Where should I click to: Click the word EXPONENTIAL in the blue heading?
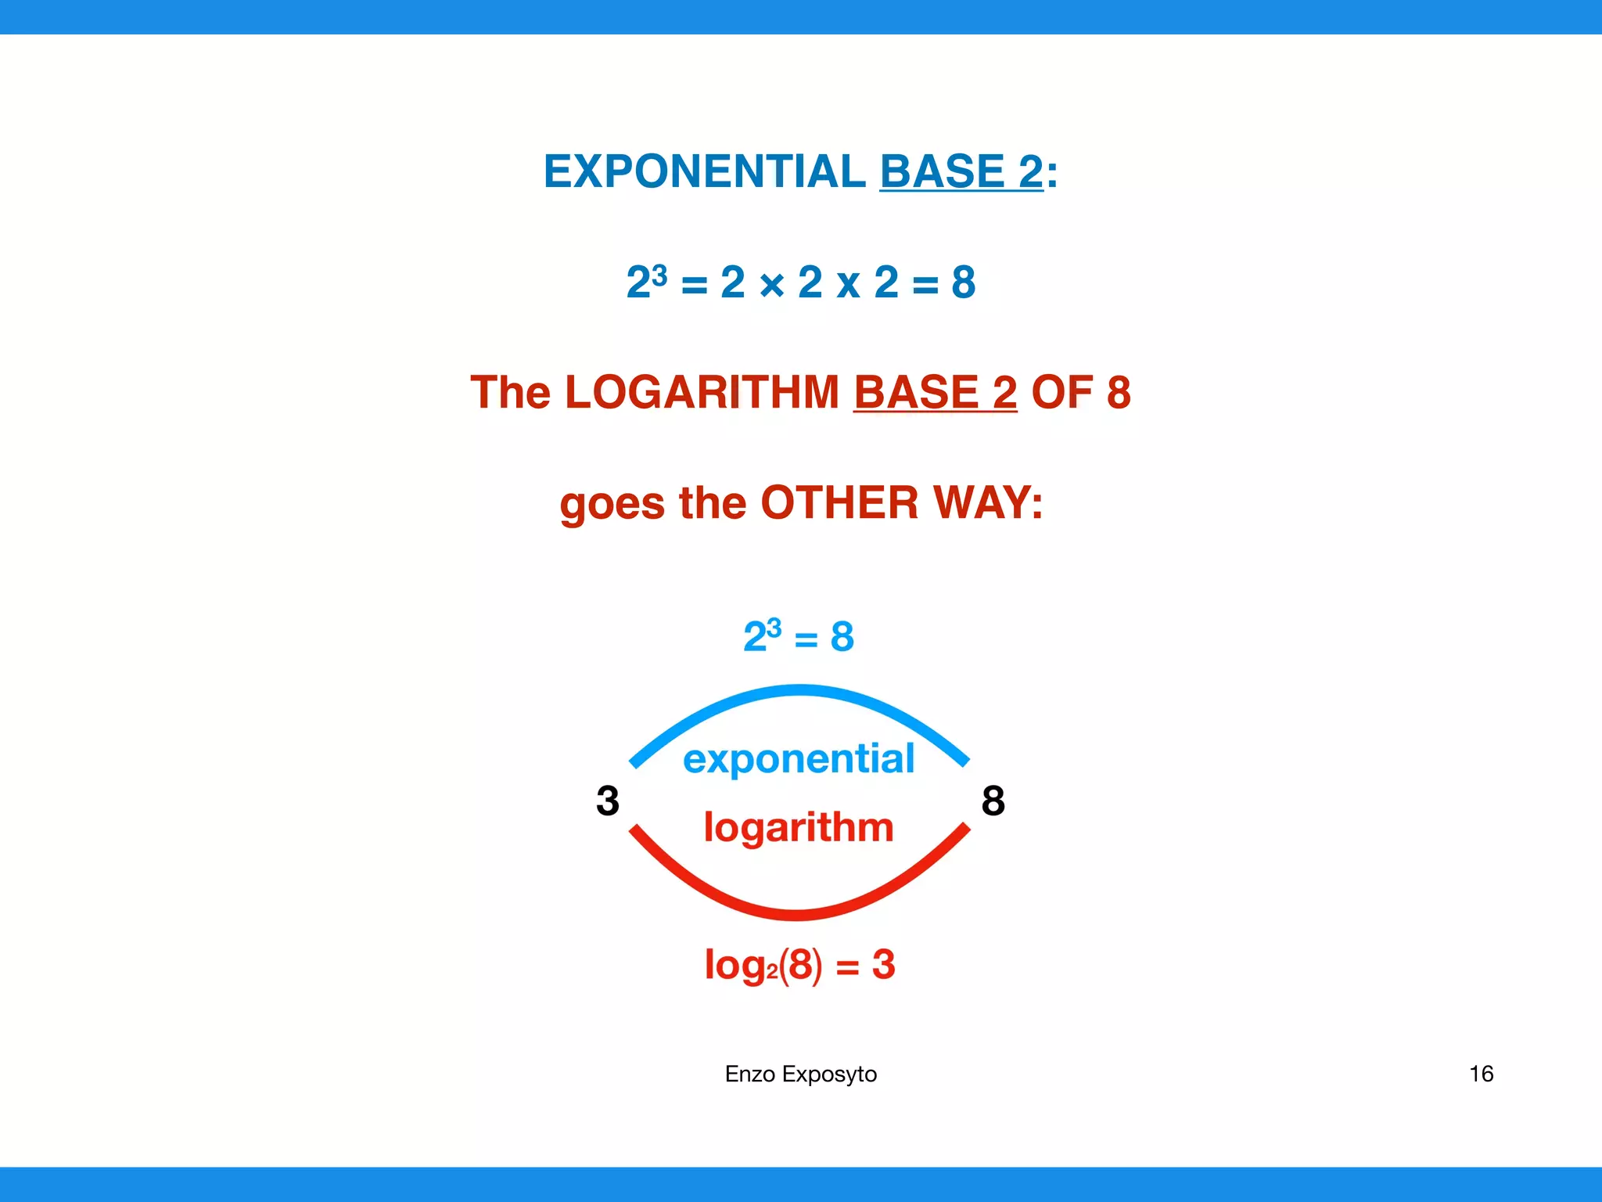704,171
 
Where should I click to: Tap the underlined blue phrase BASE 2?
961,171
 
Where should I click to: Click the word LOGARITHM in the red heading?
701,392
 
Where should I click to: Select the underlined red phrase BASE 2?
935,392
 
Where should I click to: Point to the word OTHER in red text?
839,502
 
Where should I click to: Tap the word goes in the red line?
612,504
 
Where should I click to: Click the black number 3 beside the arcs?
608,801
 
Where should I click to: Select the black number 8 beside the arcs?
993,801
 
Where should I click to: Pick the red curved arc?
798,913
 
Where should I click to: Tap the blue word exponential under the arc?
798,759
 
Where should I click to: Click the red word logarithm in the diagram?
798,828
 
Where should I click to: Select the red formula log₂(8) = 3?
799,965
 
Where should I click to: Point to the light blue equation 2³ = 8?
798,635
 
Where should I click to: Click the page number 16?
1481,1074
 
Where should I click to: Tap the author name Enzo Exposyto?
800,1074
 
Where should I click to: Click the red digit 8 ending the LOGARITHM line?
1119,392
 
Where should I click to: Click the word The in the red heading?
510,392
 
